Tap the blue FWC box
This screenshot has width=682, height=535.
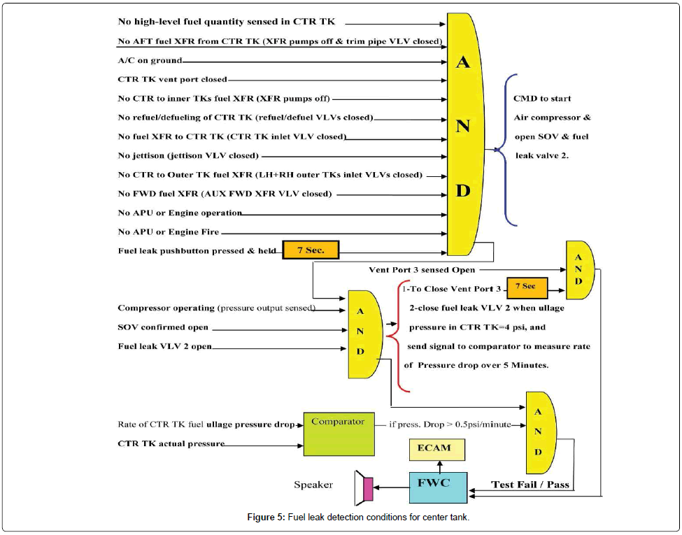tap(438, 486)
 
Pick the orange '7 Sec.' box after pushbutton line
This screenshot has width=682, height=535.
tap(310, 250)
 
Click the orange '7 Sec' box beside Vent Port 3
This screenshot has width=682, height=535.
tap(525, 287)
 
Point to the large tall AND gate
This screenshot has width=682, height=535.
tap(465, 133)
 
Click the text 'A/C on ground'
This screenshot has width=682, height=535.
tap(150, 61)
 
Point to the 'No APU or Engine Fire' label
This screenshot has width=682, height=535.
tap(169, 231)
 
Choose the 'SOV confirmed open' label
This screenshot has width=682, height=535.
tap(163, 327)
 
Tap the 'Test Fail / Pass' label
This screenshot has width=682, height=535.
tap(530, 484)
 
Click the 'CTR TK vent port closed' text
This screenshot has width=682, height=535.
tap(172, 80)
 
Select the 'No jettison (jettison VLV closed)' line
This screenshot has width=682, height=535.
tap(188, 155)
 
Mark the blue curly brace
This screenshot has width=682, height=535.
tap(508, 149)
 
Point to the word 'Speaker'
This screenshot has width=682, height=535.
tap(313, 484)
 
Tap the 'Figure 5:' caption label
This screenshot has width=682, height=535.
tap(266, 517)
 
